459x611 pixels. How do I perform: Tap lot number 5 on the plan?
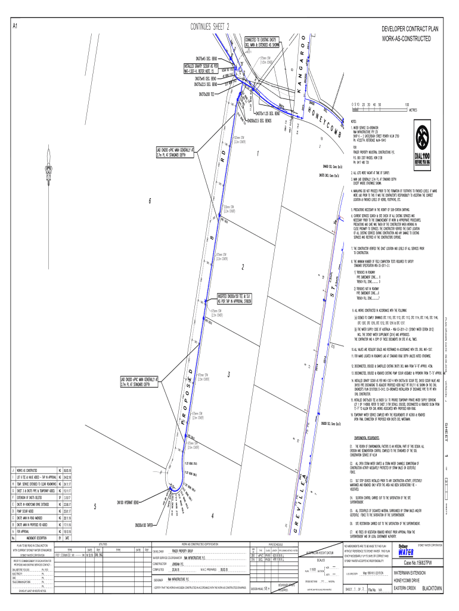95,507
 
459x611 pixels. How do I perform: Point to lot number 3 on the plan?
229,374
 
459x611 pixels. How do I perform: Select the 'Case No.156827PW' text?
421,563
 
